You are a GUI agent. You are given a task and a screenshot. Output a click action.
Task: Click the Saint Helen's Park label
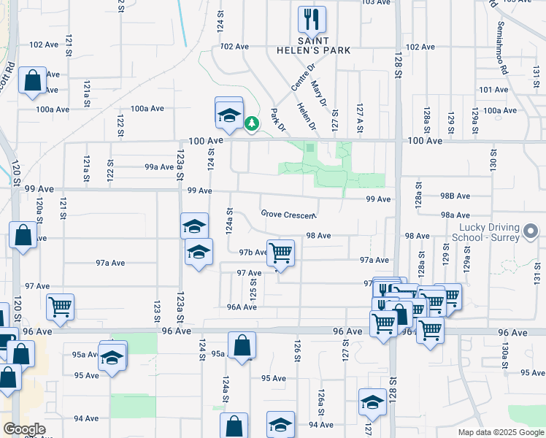(323, 45)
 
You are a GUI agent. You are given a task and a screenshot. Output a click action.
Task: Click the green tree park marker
(252, 124)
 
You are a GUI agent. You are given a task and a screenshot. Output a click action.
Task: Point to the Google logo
(24, 429)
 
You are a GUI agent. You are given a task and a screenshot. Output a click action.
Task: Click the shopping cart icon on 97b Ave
(280, 253)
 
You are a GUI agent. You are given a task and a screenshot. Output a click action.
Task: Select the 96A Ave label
(242, 307)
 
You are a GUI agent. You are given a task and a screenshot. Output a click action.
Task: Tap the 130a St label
(504, 354)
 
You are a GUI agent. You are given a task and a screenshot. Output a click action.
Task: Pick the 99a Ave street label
(158, 166)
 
